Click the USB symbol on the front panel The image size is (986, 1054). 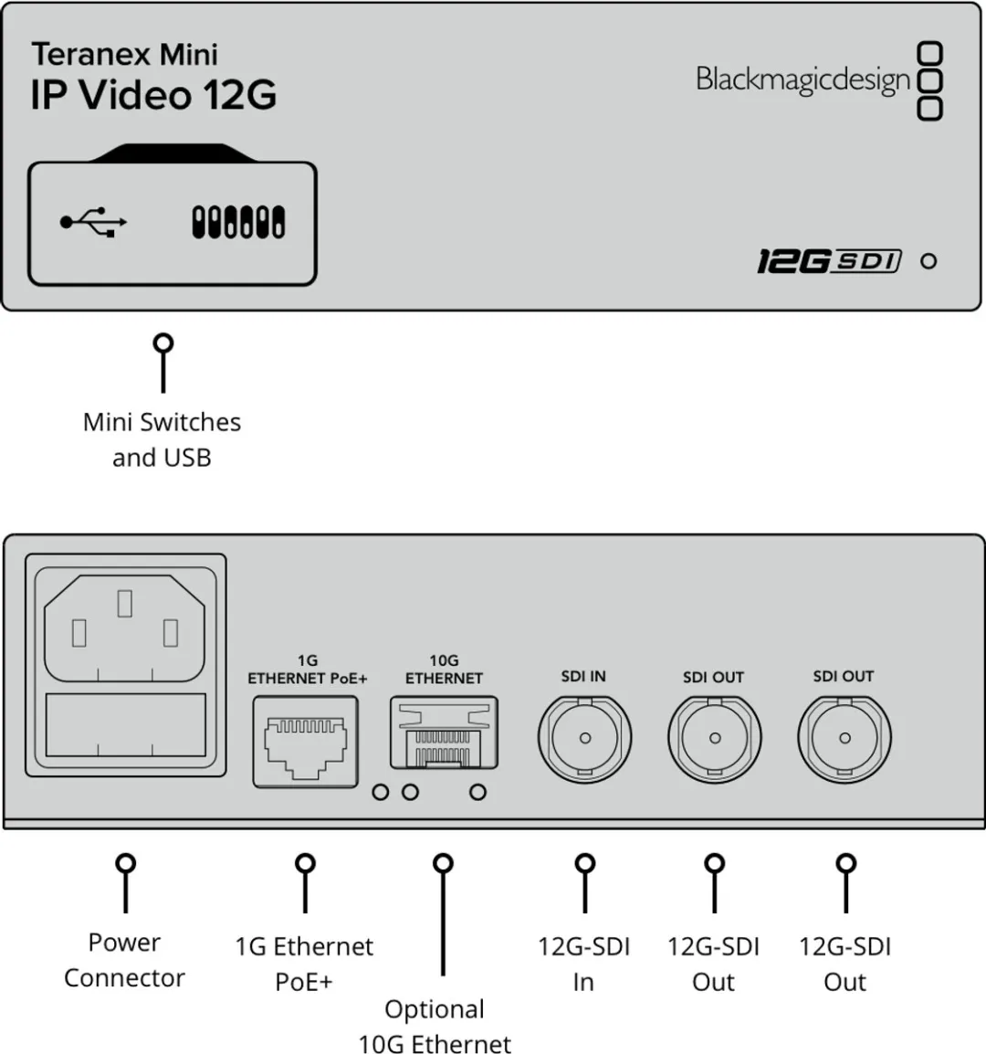(x=93, y=222)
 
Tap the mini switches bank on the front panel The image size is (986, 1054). (x=237, y=222)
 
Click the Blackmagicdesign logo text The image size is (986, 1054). (x=802, y=79)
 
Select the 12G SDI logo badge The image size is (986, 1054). (x=829, y=261)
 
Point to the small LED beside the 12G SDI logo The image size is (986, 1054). (x=928, y=261)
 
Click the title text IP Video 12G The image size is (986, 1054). (x=152, y=96)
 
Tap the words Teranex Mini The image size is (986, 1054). (x=124, y=55)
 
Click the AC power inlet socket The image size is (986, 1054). (x=125, y=627)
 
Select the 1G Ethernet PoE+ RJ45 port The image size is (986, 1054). (x=305, y=741)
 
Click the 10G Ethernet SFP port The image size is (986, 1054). (x=444, y=733)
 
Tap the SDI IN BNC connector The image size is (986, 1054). (x=584, y=737)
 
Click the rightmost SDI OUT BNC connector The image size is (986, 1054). (x=844, y=737)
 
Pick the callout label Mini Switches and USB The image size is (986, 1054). (x=162, y=439)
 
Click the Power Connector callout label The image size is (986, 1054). (x=124, y=960)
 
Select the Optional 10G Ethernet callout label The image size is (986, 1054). (x=435, y=1027)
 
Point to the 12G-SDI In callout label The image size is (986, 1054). (x=583, y=964)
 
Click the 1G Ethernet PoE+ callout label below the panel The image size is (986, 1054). (x=304, y=964)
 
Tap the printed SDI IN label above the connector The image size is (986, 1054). (x=583, y=677)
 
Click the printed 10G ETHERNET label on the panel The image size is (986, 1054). (x=444, y=669)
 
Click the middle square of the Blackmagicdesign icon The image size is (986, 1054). (x=929, y=80)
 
